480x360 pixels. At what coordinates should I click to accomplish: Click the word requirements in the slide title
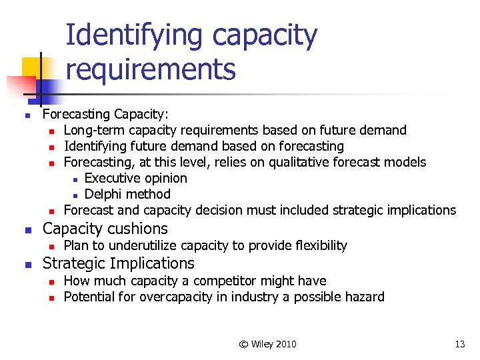pyautogui.click(x=151, y=68)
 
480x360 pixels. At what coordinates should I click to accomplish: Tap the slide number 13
pyautogui.click(x=459, y=344)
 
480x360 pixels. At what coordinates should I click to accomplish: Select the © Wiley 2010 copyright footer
pyautogui.click(x=267, y=344)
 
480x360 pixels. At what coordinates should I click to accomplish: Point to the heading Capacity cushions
pyautogui.click(x=105, y=229)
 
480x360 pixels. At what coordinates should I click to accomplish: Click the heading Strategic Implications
pyautogui.click(x=118, y=263)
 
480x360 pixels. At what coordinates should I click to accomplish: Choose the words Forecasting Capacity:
pyautogui.click(x=105, y=114)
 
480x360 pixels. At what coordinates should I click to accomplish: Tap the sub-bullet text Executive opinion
pyautogui.click(x=135, y=178)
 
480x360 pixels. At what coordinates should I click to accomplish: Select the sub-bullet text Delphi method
pyautogui.click(x=127, y=194)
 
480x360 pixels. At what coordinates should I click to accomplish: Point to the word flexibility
pyautogui.click(x=319, y=245)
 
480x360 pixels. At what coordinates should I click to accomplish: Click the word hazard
pyautogui.click(x=363, y=297)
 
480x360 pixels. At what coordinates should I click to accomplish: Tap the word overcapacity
pyautogui.click(x=175, y=297)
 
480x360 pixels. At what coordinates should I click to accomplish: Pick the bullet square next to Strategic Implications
pyautogui.click(x=28, y=265)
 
